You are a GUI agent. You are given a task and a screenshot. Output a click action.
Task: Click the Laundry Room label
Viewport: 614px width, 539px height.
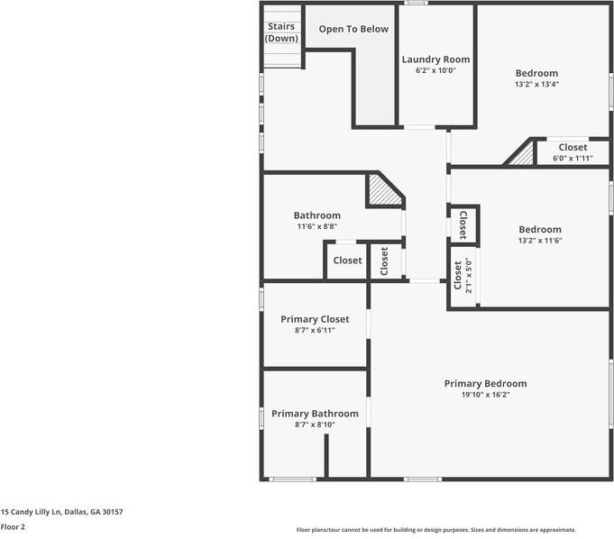(x=435, y=59)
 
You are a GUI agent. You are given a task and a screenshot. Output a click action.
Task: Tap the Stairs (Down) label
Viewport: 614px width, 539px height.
(x=281, y=32)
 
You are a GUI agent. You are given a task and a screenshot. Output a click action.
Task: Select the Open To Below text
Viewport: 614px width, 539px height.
(x=353, y=29)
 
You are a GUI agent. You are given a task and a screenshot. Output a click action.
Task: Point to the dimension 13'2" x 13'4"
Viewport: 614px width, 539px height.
(x=536, y=85)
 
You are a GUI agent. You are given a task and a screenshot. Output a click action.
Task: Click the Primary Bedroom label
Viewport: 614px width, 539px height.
(x=485, y=383)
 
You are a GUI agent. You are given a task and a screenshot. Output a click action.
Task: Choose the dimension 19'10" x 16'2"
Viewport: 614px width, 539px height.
(x=485, y=394)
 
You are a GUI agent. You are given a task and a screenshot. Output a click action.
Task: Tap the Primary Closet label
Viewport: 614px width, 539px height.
(x=315, y=319)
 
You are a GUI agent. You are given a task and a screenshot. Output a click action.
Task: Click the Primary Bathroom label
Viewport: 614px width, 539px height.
(x=315, y=414)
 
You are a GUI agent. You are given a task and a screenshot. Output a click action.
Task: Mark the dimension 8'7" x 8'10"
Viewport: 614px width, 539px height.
(x=315, y=425)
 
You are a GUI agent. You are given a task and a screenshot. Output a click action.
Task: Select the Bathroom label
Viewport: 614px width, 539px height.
(x=317, y=215)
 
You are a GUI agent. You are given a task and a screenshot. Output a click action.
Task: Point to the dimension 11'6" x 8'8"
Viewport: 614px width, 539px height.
(x=317, y=226)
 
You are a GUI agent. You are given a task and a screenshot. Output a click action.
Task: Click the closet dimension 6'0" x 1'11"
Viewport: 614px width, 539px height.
(x=573, y=158)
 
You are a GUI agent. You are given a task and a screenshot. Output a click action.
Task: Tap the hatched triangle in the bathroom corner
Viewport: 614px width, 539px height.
(x=381, y=190)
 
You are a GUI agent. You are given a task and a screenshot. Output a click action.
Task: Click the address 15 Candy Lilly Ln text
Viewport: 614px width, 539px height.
(x=62, y=512)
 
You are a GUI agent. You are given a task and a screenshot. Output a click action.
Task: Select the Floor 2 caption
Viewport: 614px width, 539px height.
(x=13, y=526)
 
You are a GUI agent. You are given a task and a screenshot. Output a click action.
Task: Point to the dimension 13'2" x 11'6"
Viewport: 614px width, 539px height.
(x=539, y=241)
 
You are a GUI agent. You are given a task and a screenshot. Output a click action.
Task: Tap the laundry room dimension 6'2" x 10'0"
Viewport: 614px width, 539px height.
(x=435, y=70)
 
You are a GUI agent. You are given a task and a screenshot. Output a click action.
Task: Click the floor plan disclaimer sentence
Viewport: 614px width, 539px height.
(x=436, y=530)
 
